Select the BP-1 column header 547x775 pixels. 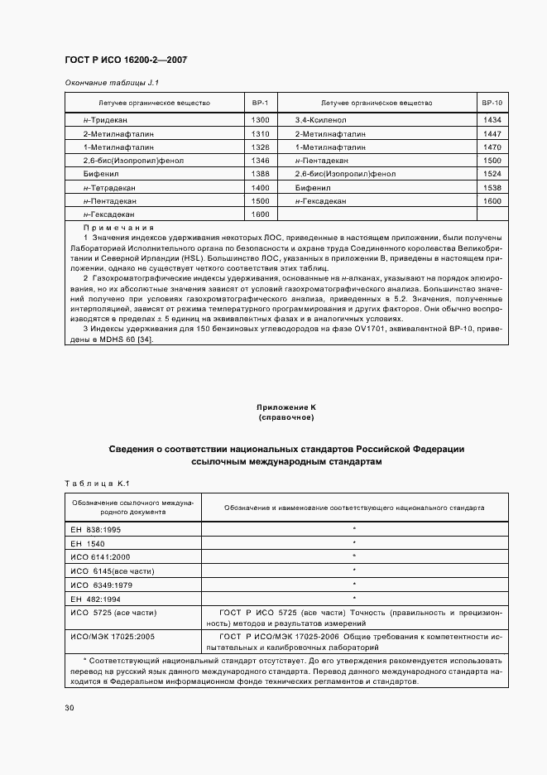tap(260, 103)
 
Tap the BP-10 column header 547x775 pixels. tap(492, 103)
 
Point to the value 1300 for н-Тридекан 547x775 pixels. tap(260, 120)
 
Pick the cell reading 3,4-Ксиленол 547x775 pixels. tap(322, 120)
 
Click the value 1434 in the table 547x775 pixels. tap(492, 120)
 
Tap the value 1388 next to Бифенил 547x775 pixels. tap(260, 174)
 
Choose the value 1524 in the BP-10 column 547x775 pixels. tap(492, 174)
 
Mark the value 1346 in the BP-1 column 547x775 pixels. tap(260, 160)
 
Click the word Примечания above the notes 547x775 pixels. tap(119, 227)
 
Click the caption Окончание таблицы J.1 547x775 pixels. tap(112, 83)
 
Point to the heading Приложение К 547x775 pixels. tap(286, 408)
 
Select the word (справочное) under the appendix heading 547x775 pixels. tap(286, 418)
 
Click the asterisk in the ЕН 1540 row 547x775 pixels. tap(353, 542)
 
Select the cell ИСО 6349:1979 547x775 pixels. tap(102, 584)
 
